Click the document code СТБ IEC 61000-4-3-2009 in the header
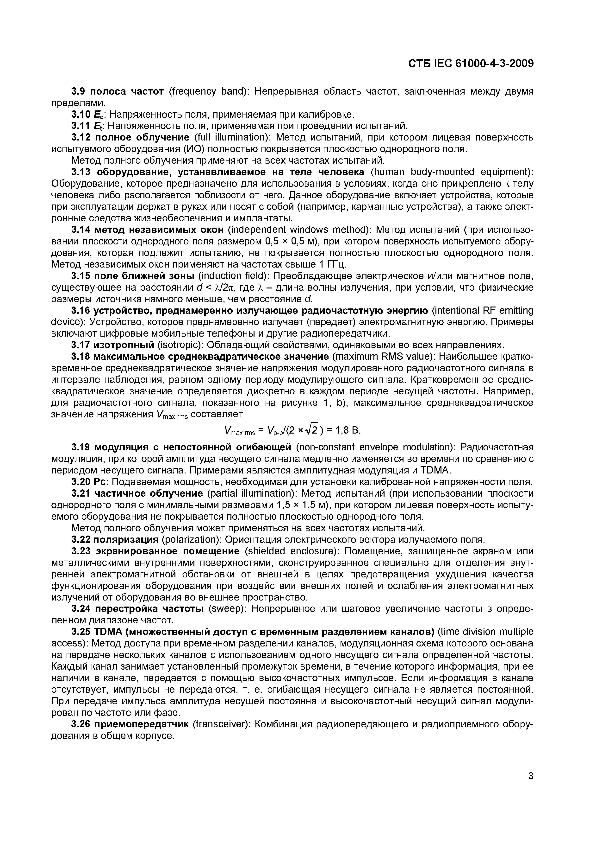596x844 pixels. (471, 64)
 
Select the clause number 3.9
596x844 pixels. (79, 91)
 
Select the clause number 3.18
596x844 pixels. (81, 357)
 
